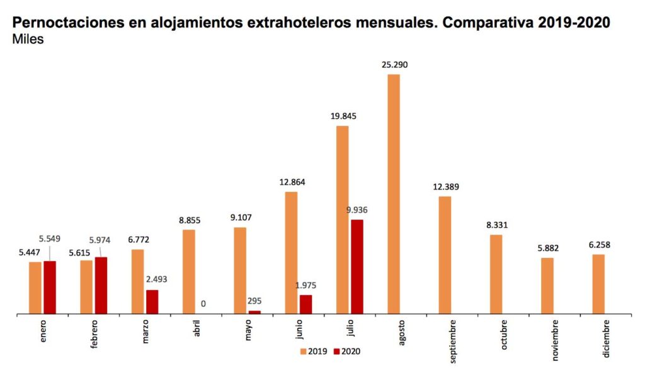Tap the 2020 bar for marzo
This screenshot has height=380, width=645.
152,301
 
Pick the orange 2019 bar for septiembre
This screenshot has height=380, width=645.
445,255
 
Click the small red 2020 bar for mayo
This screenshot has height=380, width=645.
254,311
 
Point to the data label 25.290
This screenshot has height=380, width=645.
394,64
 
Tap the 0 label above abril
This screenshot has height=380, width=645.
203,304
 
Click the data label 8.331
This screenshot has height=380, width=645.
496,225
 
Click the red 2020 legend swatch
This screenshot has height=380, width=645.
336,351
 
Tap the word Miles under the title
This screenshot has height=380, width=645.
27,39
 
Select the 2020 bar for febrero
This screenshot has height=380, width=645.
101,285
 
